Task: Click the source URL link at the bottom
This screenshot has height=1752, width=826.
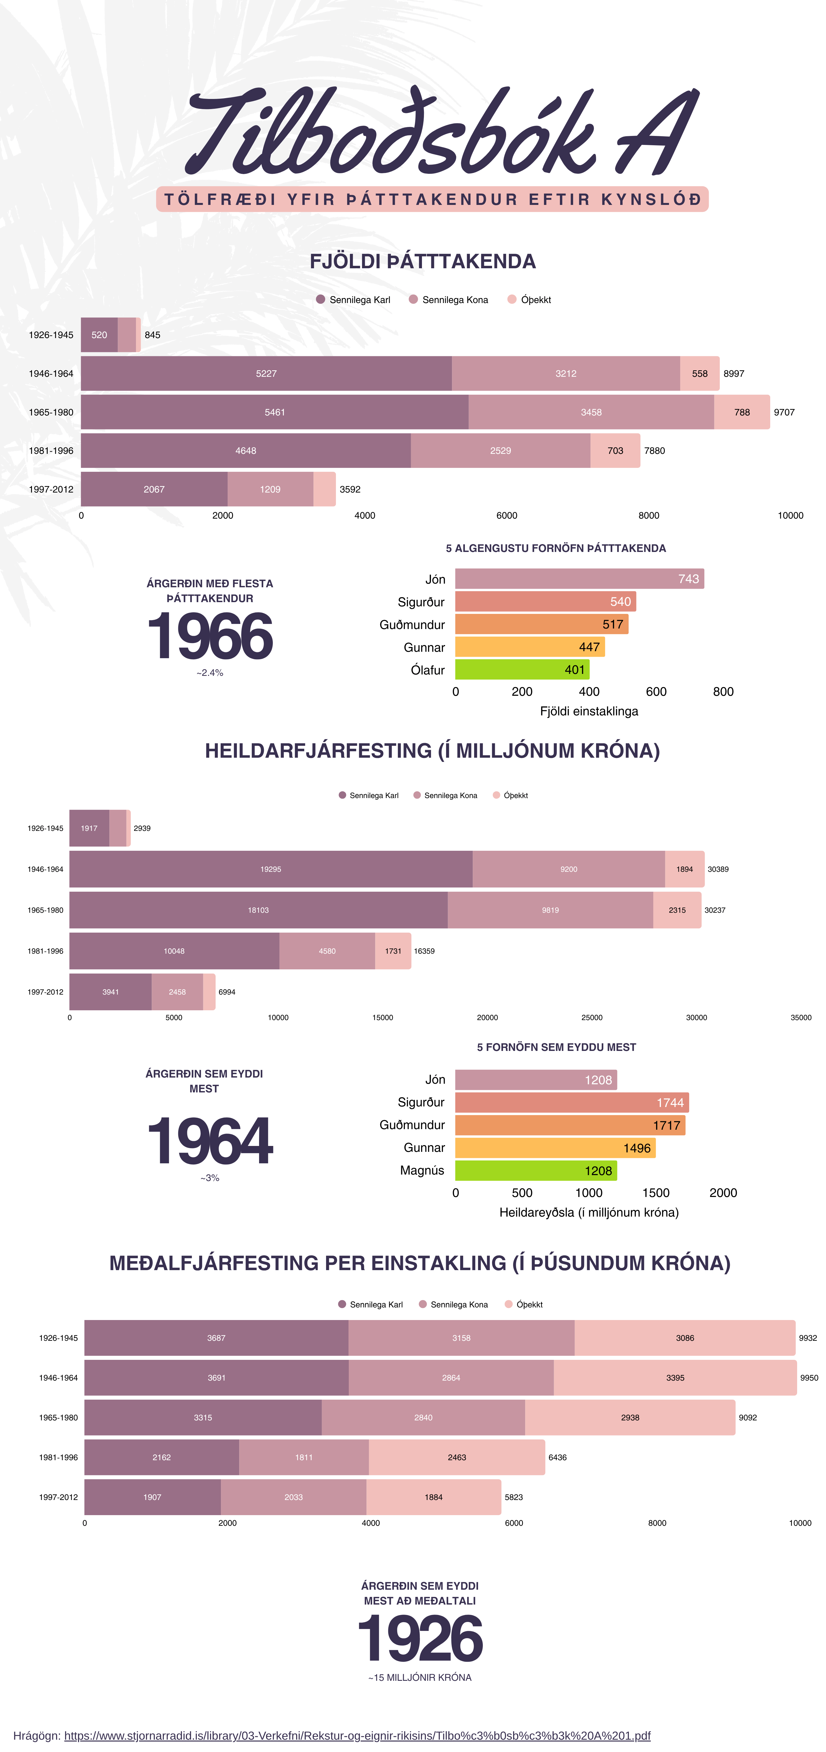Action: pyautogui.click(x=357, y=1735)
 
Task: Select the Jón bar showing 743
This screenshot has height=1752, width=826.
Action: pyautogui.click(x=579, y=579)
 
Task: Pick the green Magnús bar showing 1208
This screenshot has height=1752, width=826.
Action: pyautogui.click(x=536, y=1171)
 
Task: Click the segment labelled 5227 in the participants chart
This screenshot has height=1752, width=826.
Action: pyautogui.click(x=266, y=373)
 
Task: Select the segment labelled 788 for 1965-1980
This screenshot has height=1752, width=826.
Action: pyautogui.click(x=742, y=412)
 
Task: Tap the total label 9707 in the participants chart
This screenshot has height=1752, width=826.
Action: pyautogui.click(x=784, y=412)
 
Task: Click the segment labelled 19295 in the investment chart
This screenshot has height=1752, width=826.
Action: pyautogui.click(x=271, y=869)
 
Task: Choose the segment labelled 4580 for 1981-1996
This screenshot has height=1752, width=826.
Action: pyautogui.click(x=327, y=951)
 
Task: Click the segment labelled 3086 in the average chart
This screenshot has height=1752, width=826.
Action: pyautogui.click(x=684, y=1338)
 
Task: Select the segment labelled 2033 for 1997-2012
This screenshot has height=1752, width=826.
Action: pyautogui.click(x=293, y=1497)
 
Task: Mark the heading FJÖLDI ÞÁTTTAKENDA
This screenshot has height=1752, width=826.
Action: pyautogui.click(x=423, y=261)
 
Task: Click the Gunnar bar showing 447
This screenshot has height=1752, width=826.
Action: pyautogui.click(x=529, y=647)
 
